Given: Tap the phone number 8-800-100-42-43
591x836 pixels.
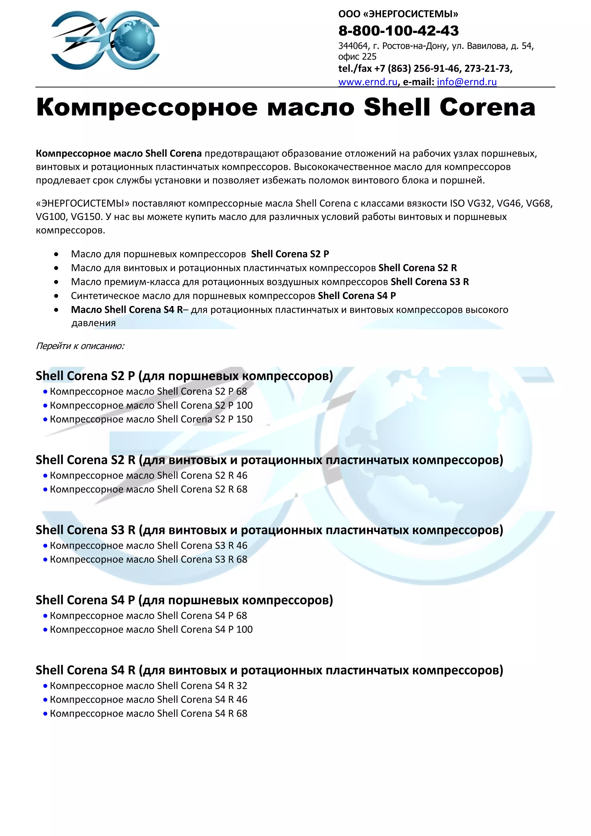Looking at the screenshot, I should pos(399,31).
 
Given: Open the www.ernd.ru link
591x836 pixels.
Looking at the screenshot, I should pos(368,82).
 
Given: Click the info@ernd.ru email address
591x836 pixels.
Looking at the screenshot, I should pos(467,82).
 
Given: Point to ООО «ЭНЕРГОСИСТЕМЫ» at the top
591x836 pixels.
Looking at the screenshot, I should pos(398,14).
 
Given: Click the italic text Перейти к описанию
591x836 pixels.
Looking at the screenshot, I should pos(80,346).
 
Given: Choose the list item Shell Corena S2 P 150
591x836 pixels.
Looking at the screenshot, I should pos(151,419).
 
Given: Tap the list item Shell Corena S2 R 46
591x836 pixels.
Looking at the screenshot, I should pos(149,475).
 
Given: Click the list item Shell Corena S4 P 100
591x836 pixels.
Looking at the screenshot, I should pos(151,629).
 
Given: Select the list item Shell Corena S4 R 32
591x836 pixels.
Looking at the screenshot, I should pos(149,686).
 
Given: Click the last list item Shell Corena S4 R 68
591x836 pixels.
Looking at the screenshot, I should pos(149,713).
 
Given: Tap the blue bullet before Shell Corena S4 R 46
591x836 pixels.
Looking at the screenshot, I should pos(45,700).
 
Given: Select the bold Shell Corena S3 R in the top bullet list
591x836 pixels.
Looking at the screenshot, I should pos(430,282).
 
